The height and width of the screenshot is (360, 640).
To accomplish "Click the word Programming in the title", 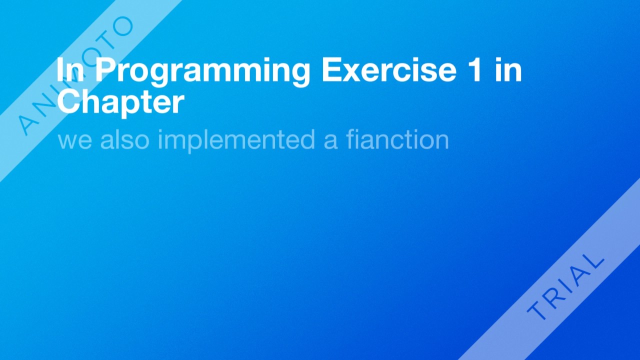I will pyautogui.click(x=202, y=71).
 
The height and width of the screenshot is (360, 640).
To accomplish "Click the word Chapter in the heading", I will pyautogui.click(x=120, y=102).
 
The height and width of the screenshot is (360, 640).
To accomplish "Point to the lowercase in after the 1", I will pyautogui.click(x=508, y=70).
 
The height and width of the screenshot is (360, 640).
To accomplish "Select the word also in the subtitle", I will pyautogui.click(x=124, y=139).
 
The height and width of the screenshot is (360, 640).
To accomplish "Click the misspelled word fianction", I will pyautogui.click(x=397, y=139).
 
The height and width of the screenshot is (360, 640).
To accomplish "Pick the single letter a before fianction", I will pyautogui.click(x=330, y=140).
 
